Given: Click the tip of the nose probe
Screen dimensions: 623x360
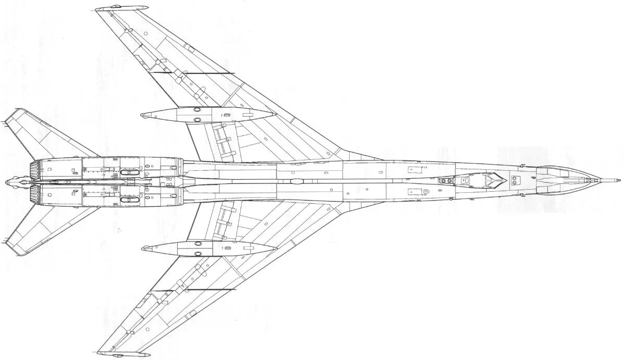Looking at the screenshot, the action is click(619, 180).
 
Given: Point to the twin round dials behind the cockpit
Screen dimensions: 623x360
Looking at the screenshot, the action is click(445, 181).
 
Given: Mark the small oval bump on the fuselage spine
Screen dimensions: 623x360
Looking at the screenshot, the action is click(296, 181).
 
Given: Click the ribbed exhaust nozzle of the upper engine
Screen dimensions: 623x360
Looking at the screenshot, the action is click(35, 168).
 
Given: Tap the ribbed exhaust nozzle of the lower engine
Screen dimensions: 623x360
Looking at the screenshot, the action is click(35, 195).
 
